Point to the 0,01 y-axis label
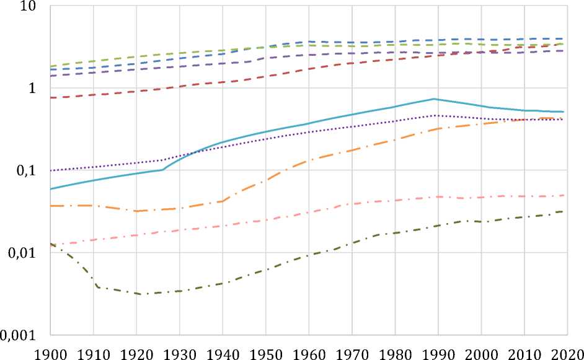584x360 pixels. (x=24, y=253)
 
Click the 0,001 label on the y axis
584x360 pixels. (x=21, y=335)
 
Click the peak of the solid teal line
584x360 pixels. (x=436, y=99)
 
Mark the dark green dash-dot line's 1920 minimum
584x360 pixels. (x=141, y=294)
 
